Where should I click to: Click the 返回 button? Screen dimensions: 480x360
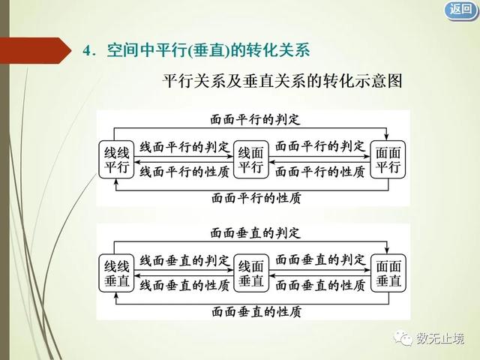461,10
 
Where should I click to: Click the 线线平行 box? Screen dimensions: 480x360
116,160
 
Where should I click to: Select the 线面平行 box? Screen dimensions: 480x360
251,160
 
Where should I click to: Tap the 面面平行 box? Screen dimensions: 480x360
388,160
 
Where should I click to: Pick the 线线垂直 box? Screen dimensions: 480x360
116,273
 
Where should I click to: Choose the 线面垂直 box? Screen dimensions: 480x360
251,273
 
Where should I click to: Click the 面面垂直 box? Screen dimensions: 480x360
388,273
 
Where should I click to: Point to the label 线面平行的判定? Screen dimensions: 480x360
184,147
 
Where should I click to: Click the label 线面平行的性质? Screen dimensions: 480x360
184,172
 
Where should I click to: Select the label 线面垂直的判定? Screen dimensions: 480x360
184,261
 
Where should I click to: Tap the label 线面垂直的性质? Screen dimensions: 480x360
184,285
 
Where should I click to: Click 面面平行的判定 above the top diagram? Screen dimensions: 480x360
255,119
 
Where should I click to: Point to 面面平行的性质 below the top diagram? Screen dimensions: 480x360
256,198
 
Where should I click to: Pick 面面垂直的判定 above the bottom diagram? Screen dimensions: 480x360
255,233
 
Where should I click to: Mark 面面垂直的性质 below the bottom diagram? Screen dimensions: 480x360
256,312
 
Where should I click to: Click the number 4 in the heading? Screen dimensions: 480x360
88,51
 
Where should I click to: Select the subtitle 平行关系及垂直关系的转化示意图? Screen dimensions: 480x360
282,81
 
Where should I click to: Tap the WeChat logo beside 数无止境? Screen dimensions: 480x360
403,338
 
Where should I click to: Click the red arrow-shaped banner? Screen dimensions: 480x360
35,50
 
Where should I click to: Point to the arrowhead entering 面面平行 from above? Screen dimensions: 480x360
387,137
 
